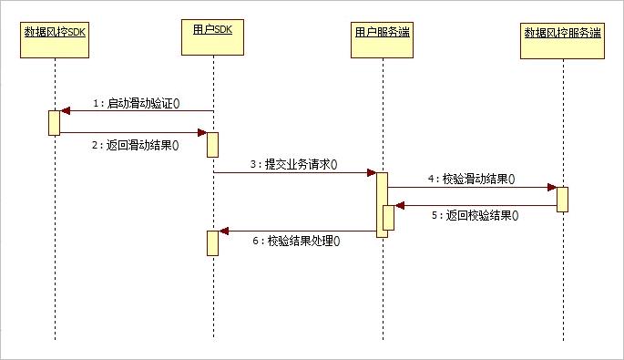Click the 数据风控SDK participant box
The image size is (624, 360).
(x=55, y=36)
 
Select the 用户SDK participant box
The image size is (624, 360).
(x=213, y=32)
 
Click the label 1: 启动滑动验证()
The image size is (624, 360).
(x=137, y=103)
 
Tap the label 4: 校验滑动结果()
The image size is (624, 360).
(x=472, y=180)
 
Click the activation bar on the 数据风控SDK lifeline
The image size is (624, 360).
(x=55, y=123)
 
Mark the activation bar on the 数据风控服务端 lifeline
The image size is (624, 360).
(x=563, y=199)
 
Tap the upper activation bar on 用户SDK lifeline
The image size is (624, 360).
(x=213, y=144)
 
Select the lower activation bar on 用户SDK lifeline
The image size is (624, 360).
(x=213, y=242)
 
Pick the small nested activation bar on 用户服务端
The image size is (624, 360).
(x=388, y=218)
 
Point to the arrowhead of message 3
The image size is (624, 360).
(x=371, y=172)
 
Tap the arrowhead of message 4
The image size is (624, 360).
(x=551, y=187)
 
